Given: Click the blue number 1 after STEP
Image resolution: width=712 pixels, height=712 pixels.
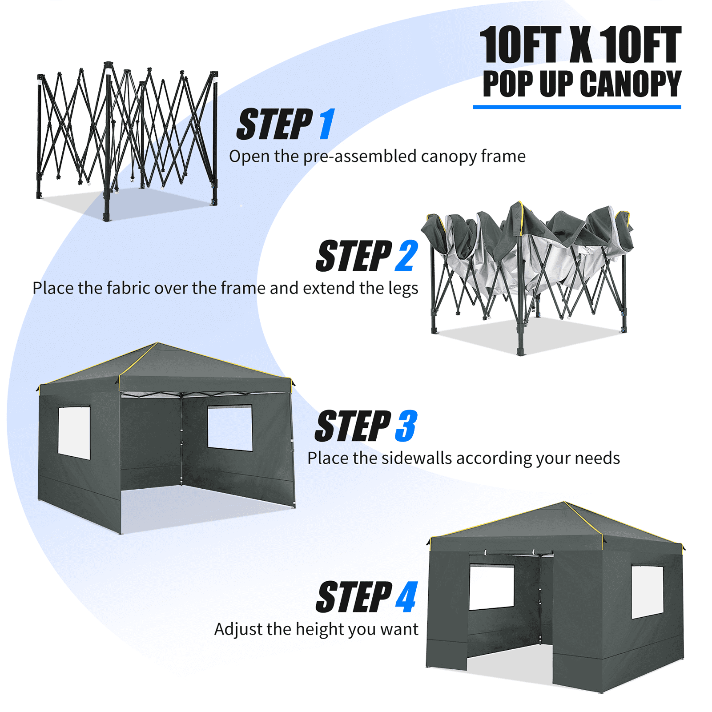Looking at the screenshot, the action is (327, 124).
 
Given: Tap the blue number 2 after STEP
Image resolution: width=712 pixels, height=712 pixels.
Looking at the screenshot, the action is (406, 256).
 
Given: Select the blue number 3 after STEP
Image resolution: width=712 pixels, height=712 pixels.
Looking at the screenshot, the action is (406, 426).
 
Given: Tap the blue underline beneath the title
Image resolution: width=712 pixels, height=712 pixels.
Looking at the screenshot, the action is (577, 107).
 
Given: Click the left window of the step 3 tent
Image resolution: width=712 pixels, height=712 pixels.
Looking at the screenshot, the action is (74, 433).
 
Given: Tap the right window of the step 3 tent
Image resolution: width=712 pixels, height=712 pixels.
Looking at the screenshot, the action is (230, 427).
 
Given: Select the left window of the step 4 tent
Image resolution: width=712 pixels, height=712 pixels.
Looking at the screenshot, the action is (492, 587).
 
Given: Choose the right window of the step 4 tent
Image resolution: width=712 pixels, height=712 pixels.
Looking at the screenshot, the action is (648, 592).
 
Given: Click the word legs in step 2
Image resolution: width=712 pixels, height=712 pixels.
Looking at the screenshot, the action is (403, 288).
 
